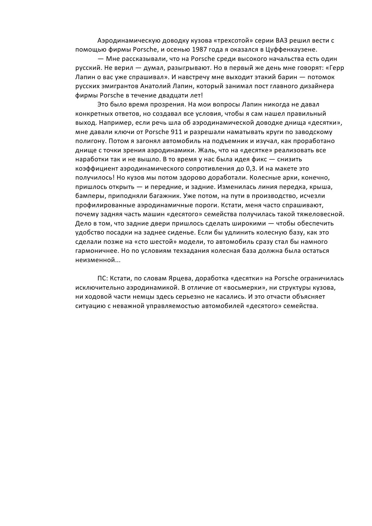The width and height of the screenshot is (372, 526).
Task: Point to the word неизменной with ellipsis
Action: point(98,260)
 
